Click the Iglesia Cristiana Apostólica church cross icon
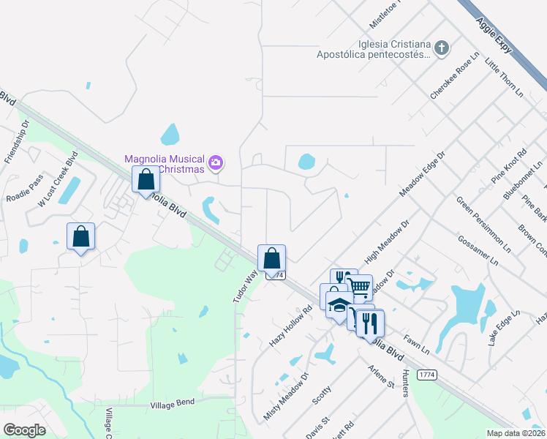(441, 48)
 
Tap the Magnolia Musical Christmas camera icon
(216, 162)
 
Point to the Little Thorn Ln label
(505, 78)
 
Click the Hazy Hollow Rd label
(290, 325)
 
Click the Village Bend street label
(173, 404)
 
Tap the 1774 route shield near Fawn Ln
(427, 374)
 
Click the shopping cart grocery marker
(358, 287)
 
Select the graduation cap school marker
(339, 304)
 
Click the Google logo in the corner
(24, 429)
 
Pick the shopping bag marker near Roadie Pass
(80, 236)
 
